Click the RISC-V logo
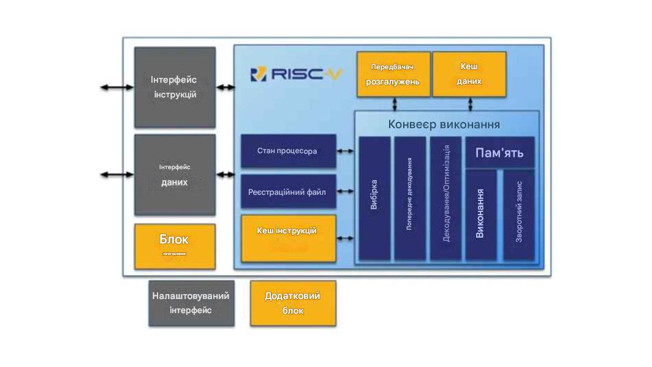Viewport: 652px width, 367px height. [x=296, y=74]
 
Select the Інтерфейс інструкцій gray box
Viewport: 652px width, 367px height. [x=175, y=87]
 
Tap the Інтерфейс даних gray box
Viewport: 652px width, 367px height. [x=175, y=175]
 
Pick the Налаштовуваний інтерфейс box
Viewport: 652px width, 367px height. [x=191, y=303]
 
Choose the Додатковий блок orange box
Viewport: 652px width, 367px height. [x=293, y=303]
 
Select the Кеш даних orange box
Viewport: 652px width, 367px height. [x=469, y=74]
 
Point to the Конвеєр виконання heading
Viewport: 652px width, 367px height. [x=444, y=124]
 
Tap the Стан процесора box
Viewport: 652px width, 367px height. [x=288, y=151]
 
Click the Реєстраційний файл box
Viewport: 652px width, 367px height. [x=288, y=192]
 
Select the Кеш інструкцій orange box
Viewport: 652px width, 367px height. [x=288, y=238]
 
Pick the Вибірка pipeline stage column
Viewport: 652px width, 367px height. [x=374, y=197]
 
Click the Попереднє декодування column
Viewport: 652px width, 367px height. [x=409, y=197]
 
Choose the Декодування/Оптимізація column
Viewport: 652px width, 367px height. [x=445, y=197]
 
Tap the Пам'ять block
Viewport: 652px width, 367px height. [x=499, y=153]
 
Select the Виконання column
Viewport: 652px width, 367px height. [x=480, y=214]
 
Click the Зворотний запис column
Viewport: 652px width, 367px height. [x=518, y=214]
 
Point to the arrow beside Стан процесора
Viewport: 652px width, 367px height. [x=346, y=151]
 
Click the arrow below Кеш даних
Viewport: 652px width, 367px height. [x=469, y=104]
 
